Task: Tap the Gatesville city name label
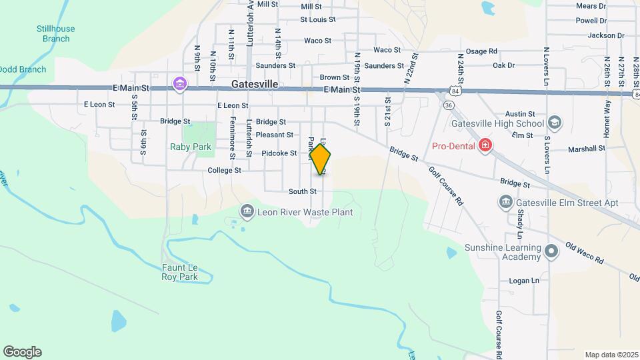pyautogui.click(x=255, y=85)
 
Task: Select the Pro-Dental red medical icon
pyautogui.click(x=486, y=145)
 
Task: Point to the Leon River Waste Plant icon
pyautogui.click(x=247, y=213)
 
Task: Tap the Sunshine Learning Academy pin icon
pyautogui.click(x=551, y=252)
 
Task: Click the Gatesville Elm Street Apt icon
pyautogui.click(x=507, y=202)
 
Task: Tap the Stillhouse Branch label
pyautogui.click(x=56, y=33)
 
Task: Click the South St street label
pyautogui.click(x=302, y=191)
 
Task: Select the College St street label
pyautogui.click(x=224, y=171)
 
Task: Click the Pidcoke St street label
pyautogui.click(x=279, y=153)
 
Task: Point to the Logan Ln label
pyautogui.click(x=523, y=281)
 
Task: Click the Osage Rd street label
pyautogui.click(x=481, y=51)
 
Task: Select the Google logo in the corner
pyautogui.click(x=22, y=351)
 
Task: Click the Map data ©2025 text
pyautogui.click(x=611, y=355)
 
